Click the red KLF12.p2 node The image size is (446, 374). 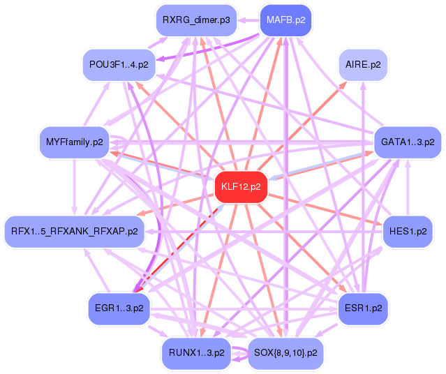pos(241,187)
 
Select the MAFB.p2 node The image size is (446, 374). pos(286,20)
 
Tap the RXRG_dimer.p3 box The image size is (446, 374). pos(196,20)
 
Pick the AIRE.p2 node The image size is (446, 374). pos(363,65)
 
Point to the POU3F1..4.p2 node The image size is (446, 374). pos(119,65)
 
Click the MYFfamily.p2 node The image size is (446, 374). pos(74,142)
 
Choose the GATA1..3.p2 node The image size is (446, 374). pos(408,142)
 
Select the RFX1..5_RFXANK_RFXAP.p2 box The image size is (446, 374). pos(74,232)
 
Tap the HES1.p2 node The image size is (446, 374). pos(408,232)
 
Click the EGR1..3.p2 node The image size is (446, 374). pos(119,308)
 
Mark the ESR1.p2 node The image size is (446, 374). pos(363,308)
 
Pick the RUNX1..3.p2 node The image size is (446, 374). pos(196,353)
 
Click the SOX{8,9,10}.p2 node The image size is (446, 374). pos(285,353)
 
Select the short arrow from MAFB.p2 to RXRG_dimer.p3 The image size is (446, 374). pos(248,20)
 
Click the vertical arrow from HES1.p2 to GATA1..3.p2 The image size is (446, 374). pos(408,187)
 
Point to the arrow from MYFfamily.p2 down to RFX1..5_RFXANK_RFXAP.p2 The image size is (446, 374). pos(74,187)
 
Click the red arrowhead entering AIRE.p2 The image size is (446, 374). pos(343,84)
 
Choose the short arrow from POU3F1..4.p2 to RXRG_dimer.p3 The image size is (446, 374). pos(157,43)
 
